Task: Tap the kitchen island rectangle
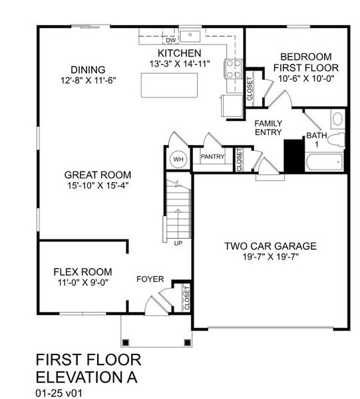pos(170,84)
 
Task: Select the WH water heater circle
pos(178,159)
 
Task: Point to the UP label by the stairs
pos(178,243)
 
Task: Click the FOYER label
pos(150,279)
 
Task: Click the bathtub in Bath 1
pos(323,162)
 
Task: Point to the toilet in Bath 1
pos(337,139)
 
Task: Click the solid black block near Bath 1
pos(293,154)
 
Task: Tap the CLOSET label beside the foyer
pos(186,297)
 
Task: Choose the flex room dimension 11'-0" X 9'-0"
pos(83,283)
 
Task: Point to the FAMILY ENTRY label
pos(268,128)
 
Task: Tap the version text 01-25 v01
pos(61,392)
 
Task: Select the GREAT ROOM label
pos(96,175)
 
